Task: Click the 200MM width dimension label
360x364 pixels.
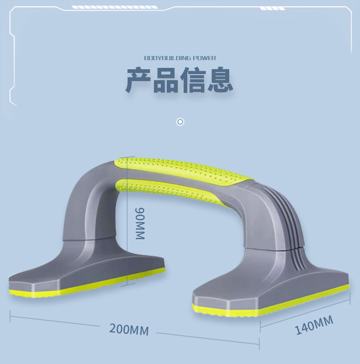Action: pyautogui.click(x=129, y=329)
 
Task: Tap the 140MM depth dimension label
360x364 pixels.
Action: pyautogui.click(x=314, y=325)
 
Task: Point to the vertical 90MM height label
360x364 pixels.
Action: pyautogui.click(x=140, y=223)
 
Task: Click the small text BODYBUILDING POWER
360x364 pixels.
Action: pyautogui.click(x=180, y=58)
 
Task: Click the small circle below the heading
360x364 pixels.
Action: pyautogui.click(x=180, y=122)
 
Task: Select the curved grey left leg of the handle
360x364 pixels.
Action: pyautogui.click(x=87, y=200)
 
